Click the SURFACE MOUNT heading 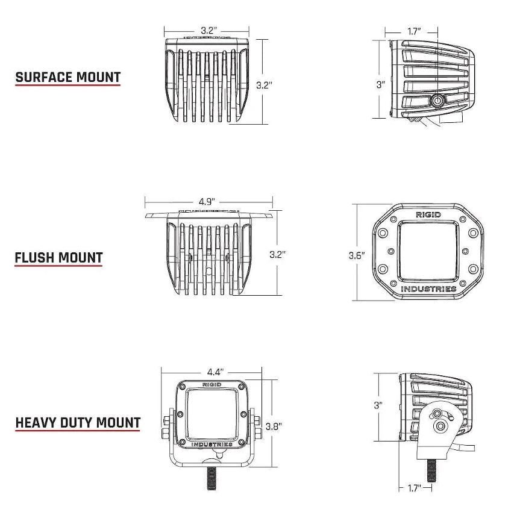pyautogui.click(x=67, y=77)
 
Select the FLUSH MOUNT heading pyautogui.click(x=58, y=258)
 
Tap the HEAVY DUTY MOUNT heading pyautogui.click(x=78, y=422)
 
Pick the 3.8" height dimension pyautogui.click(x=274, y=426)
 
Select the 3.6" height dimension pyautogui.click(x=357, y=255)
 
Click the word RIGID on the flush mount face pyautogui.click(x=428, y=214)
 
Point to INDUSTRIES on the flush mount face pyautogui.click(x=428, y=289)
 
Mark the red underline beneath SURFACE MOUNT pyautogui.click(x=67, y=86)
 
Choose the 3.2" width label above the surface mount pyautogui.click(x=208, y=30)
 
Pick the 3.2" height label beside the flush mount pyautogui.click(x=277, y=254)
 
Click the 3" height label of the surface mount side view pyautogui.click(x=380, y=85)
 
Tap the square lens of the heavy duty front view pyautogui.click(x=210, y=414)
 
